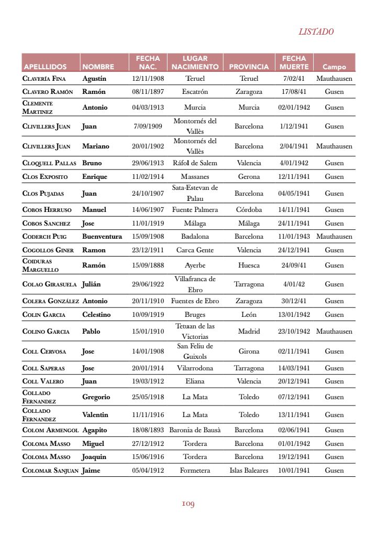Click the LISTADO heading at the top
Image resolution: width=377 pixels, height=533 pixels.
316,31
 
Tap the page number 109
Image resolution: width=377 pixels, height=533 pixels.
188,504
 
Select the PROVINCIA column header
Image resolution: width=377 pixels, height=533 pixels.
249,67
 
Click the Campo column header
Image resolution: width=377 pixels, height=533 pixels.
334,67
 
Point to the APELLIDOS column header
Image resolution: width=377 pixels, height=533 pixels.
45,67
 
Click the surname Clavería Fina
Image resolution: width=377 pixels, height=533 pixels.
44,79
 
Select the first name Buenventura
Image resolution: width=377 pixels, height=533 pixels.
102,237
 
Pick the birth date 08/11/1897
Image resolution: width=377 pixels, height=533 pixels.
148,92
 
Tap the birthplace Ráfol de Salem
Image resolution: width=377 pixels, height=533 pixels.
195,163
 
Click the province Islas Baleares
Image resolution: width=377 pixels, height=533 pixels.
249,471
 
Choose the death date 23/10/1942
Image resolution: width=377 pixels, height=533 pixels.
294,332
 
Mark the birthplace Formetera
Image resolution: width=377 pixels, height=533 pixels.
195,471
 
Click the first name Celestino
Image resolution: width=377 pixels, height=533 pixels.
96,315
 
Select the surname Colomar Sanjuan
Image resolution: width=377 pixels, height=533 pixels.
50,471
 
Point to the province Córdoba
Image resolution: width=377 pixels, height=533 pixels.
249,210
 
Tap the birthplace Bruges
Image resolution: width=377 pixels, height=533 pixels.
195,315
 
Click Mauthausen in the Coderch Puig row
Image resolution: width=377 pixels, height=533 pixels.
334,237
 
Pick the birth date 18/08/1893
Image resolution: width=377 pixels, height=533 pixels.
148,430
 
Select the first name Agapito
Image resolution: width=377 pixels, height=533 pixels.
94,430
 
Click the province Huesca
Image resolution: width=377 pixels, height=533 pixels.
249,265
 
